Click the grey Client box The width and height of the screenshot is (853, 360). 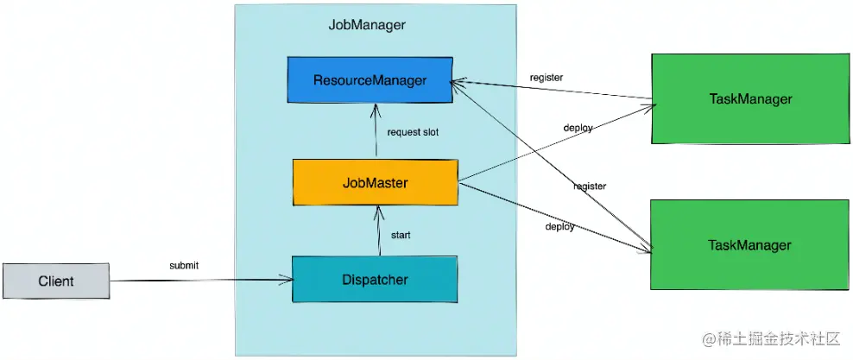(56, 281)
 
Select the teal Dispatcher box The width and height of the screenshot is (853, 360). (374, 280)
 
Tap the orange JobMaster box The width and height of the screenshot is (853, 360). (375, 182)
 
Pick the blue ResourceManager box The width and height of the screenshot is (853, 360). (370, 81)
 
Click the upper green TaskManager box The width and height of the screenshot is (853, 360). (749, 98)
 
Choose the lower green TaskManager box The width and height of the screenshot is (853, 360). (749, 245)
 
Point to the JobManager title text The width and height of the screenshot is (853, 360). (367, 25)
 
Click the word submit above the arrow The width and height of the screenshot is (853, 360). (184, 265)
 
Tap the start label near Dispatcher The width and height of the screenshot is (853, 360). (401, 235)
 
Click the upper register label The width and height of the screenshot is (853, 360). (547, 78)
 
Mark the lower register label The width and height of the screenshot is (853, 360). (589, 186)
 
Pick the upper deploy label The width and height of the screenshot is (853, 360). (578, 128)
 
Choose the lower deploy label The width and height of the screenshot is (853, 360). (559, 226)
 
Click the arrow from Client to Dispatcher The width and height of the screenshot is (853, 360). (199, 280)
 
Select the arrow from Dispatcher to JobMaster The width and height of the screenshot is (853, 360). (378, 231)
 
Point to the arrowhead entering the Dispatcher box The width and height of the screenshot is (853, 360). (286, 280)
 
